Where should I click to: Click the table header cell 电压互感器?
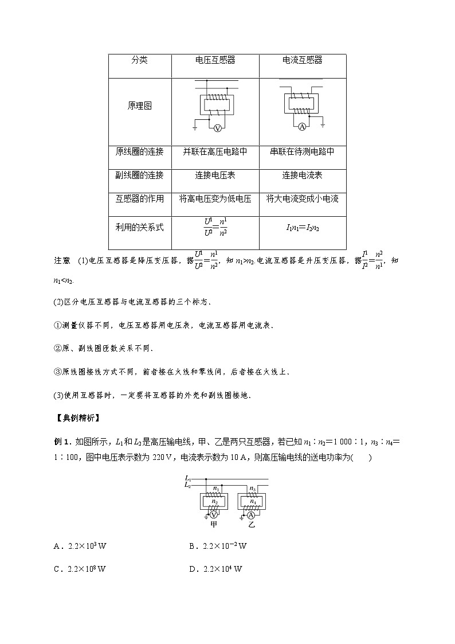tap(215, 60)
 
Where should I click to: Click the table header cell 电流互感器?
tap(303, 60)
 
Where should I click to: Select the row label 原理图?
tap(139, 106)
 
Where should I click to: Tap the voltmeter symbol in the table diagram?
tap(217, 128)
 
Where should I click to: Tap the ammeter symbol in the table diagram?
tap(301, 126)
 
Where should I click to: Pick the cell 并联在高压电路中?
tap(215, 152)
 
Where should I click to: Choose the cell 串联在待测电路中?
tap(303, 152)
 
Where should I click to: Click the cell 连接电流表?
tap(303, 175)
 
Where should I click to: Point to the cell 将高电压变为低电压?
tap(215, 199)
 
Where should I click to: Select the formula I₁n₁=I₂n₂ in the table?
tap(303, 228)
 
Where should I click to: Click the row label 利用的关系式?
tap(139, 228)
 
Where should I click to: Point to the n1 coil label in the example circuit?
tap(216, 488)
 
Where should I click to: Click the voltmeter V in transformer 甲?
tap(214, 514)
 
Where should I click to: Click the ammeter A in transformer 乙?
tap(252, 514)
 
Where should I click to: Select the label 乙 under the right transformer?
tap(252, 524)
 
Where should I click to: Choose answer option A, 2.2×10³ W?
tap(80, 546)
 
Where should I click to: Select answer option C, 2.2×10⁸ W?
tap(80, 569)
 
